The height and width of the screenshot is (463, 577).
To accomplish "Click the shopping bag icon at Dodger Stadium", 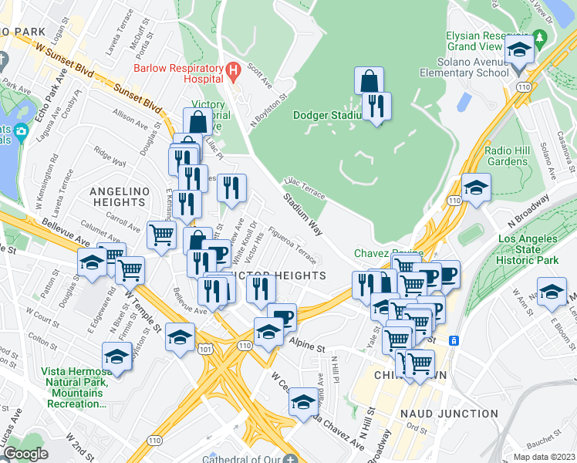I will point(369,81).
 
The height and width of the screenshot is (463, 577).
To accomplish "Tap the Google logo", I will point(25,454).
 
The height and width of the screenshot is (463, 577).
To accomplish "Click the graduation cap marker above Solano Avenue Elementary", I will point(520,52).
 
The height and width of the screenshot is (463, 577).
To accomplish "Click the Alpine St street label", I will point(306,346).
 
